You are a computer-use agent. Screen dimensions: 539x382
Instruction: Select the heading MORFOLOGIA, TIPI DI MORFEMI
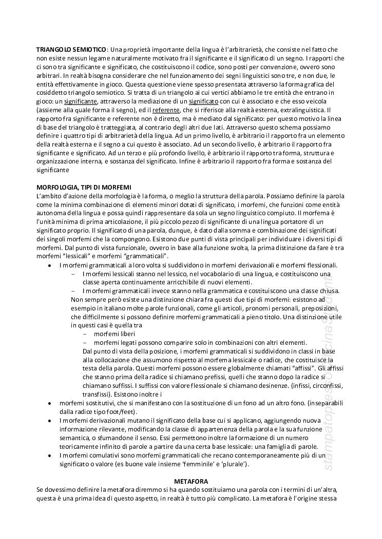tap(84, 188)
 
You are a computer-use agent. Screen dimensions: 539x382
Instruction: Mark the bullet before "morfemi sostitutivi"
tap(49, 403)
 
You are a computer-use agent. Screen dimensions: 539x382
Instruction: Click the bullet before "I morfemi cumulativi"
tap(49, 455)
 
